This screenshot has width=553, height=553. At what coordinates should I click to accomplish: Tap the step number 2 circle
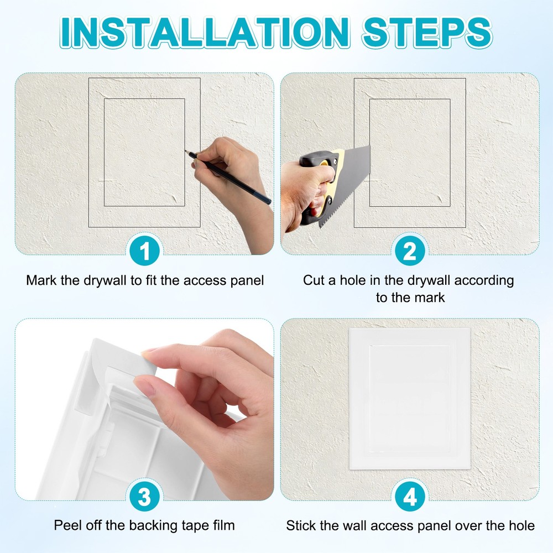tap(410, 252)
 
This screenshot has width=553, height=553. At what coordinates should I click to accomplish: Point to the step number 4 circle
tap(410, 497)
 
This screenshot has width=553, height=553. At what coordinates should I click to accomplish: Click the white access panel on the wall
tap(410, 398)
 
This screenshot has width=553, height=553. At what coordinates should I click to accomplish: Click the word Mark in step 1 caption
tap(40, 280)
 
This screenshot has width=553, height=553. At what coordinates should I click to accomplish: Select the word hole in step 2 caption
tap(358, 280)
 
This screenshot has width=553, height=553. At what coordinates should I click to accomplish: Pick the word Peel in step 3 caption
tap(66, 525)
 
